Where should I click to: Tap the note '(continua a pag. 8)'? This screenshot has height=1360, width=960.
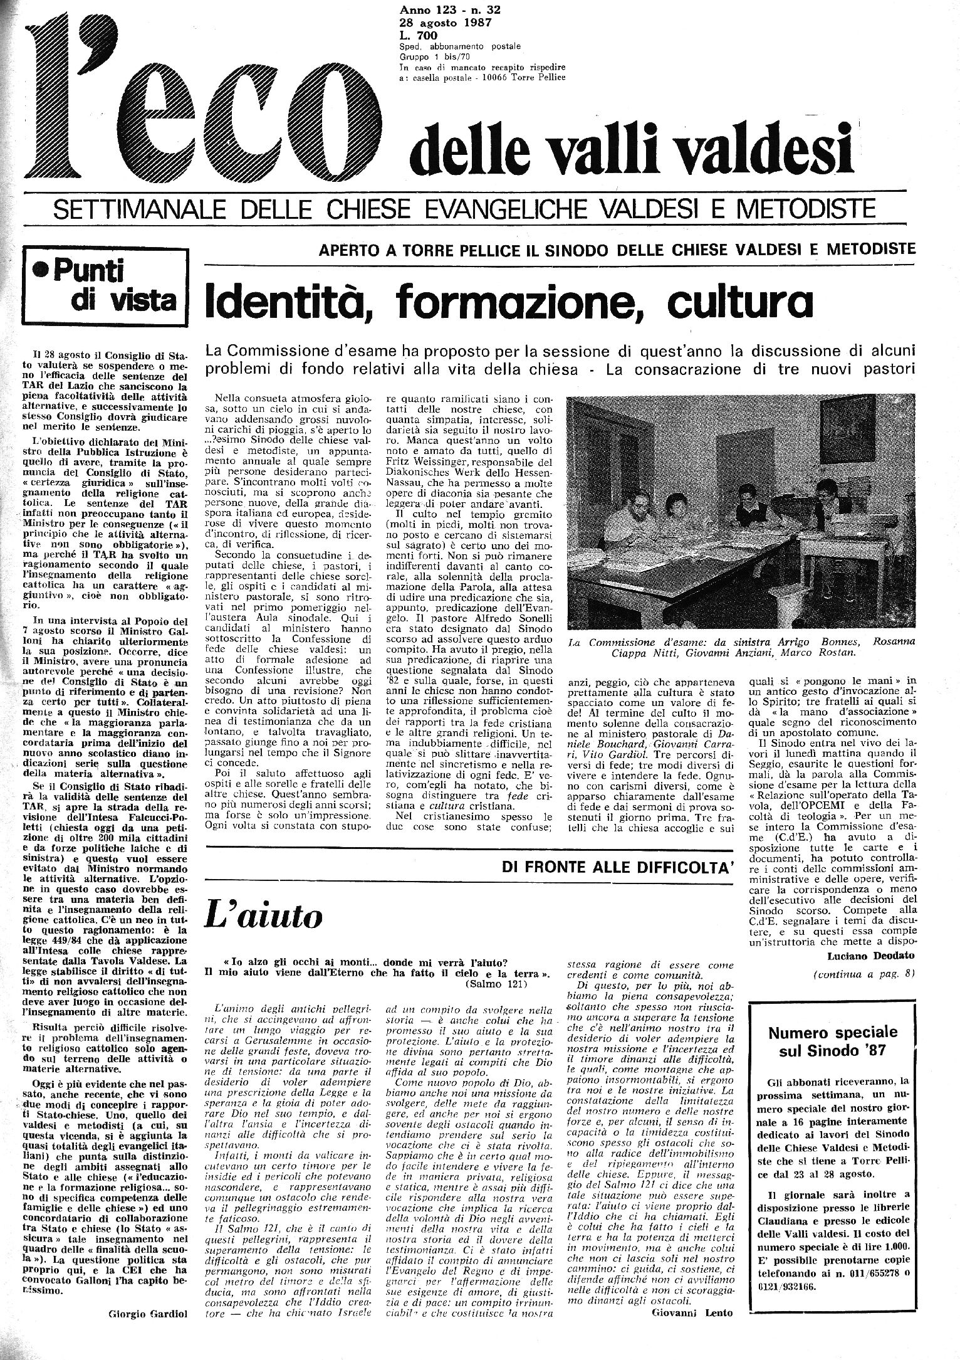864,974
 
